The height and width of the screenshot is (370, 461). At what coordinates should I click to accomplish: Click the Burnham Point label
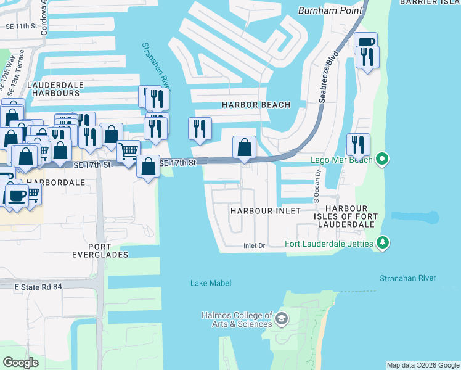tap(327, 10)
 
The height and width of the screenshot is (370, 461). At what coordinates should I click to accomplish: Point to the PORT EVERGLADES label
tap(99, 249)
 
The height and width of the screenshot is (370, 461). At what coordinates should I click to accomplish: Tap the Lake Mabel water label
tap(211, 283)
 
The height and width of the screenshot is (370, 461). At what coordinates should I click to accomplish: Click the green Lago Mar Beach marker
tap(383, 160)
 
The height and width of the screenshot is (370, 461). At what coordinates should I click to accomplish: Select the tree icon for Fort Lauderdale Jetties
tap(383, 243)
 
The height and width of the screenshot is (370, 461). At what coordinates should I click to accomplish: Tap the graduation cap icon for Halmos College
tap(282, 319)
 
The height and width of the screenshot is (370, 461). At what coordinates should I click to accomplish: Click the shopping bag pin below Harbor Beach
tap(245, 148)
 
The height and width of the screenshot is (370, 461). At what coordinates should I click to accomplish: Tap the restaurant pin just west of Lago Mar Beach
tap(358, 144)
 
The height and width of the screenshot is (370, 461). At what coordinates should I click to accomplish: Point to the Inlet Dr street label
tap(253, 245)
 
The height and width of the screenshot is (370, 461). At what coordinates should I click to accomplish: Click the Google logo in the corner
tap(20, 363)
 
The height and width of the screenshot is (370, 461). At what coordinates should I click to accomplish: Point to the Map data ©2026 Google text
tap(423, 365)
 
